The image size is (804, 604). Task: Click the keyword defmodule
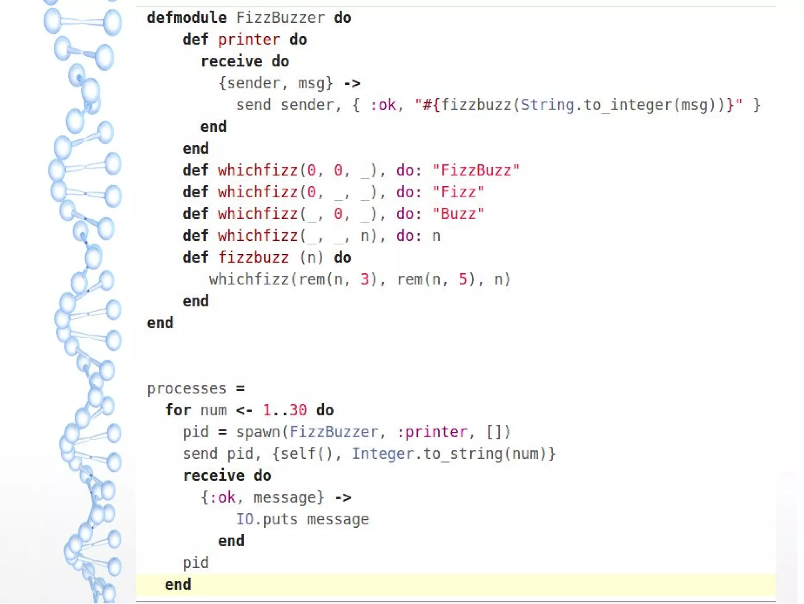point(186,18)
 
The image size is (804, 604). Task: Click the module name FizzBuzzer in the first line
point(280,18)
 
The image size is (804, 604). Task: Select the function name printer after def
point(249,40)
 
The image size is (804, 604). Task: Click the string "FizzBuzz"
point(476,171)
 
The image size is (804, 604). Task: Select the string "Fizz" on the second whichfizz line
point(458,192)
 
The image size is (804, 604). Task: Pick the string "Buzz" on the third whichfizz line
point(458,214)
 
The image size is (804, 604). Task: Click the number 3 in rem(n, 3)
point(365,279)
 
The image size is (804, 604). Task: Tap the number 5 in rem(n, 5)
point(463,279)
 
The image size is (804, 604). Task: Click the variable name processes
point(186,389)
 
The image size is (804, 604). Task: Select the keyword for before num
point(178,410)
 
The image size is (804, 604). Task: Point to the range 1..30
point(285,410)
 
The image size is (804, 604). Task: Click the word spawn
point(258,432)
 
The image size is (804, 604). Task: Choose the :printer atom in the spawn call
point(432,432)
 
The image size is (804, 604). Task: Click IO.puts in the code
point(267,520)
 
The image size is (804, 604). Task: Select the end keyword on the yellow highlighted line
point(178,585)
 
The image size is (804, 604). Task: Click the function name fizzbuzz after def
point(253,258)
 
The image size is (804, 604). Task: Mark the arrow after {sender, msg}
point(352,83)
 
